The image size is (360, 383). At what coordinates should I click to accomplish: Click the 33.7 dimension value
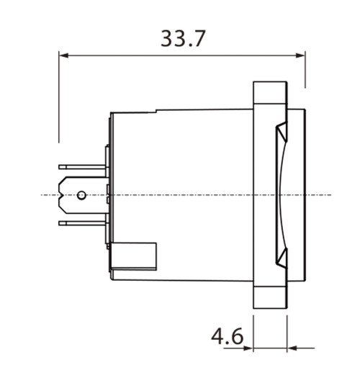tap(183, 37)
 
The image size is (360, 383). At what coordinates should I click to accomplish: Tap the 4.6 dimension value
tap(227, 336)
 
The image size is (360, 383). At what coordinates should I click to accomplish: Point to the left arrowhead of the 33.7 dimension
tap(63, 55)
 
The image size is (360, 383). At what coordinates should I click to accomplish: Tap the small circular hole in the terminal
tap(82, 195)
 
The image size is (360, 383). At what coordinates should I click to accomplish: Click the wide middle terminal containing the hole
tap(72, 195)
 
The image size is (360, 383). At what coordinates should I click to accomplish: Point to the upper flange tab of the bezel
tap(270, 94)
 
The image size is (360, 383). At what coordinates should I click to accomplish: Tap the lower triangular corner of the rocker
tap(282, 256)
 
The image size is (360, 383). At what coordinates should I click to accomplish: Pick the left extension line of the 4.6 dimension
tap(253, 331)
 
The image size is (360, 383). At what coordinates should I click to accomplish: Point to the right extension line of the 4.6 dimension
tap(287, 331)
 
